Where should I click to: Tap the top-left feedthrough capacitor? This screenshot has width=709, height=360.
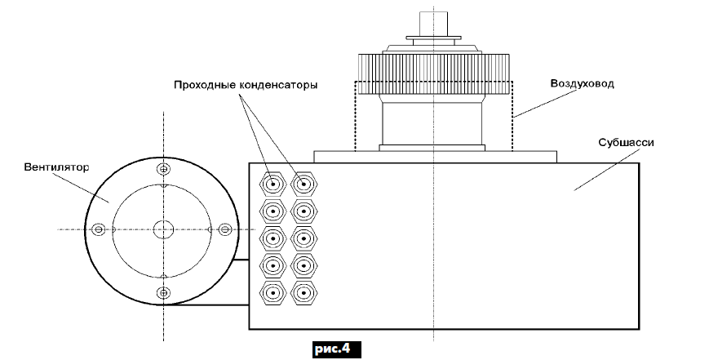click(x=272, y=184)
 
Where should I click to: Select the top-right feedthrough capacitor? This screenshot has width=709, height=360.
click(x=303, y=184)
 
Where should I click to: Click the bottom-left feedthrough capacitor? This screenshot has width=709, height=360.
click(x=272, y=292)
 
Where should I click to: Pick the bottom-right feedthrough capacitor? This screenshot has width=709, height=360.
click(x=303, y=292)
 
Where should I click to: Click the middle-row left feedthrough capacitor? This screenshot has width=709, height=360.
click(x=272, y=238)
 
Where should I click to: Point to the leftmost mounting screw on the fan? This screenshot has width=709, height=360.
click(x=99, y=229)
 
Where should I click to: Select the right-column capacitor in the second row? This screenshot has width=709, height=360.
click(x=303, y=211)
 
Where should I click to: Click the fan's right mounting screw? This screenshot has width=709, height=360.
click(x=224, y=229)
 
